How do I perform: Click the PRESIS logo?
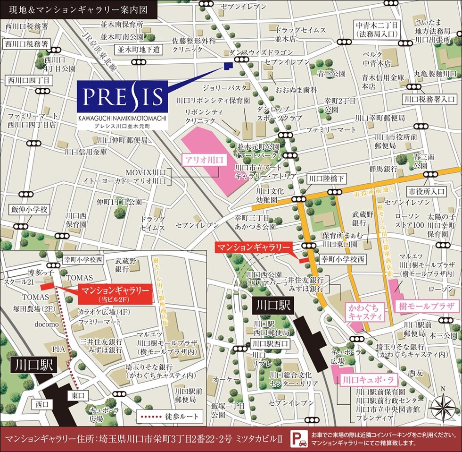point(122,97)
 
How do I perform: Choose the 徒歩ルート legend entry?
point(170,417)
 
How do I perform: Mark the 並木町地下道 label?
point(139,49)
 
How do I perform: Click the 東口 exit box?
point(78,394)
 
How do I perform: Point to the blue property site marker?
point(228,66)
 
